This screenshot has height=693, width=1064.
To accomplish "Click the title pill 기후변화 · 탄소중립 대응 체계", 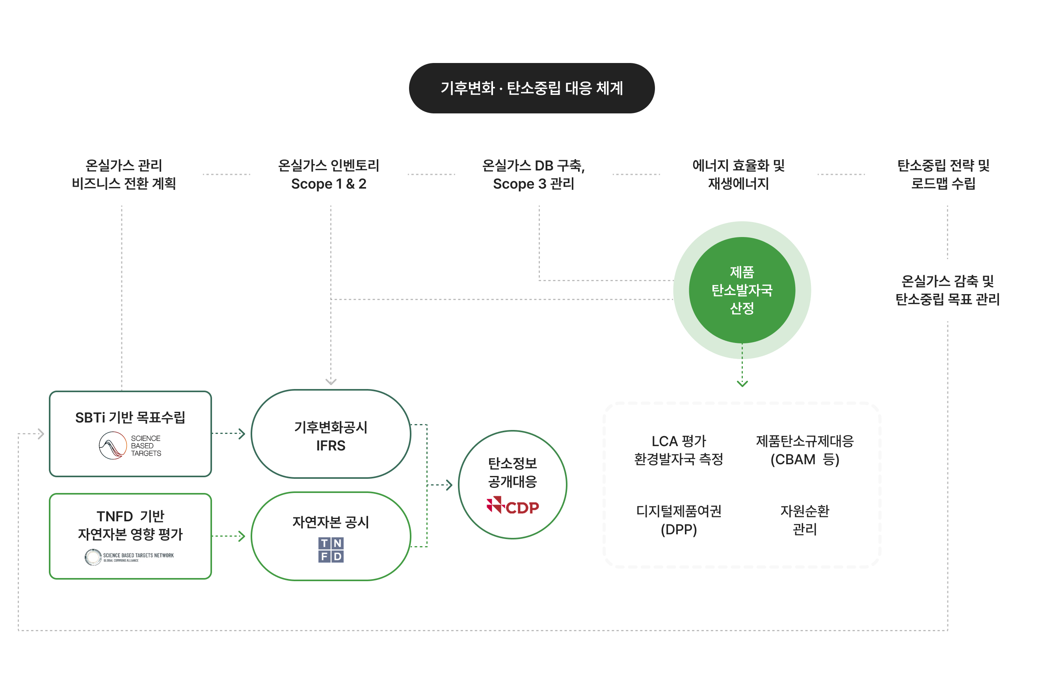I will coord(532,88).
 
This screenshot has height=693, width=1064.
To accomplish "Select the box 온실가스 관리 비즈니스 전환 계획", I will coord(124,174).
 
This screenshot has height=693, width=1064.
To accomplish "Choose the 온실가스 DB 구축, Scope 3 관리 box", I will coord(533,174).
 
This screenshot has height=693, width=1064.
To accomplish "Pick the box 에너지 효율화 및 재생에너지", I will coord(738,174).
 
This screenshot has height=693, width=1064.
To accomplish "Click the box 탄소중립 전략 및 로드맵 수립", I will coord(943,174).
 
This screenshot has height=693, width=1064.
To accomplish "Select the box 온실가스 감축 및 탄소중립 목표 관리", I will coord(947,290).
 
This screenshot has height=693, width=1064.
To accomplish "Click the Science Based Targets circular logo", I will coord(113,445).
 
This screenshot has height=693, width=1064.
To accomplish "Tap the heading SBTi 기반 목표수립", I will coord(130,417).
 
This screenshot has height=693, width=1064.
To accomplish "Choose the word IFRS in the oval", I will coord(331,445).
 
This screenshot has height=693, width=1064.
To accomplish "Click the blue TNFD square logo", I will coord(331,550).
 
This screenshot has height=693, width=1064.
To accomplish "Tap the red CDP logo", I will coord(513,506).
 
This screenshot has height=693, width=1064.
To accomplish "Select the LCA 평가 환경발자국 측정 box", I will coord(679,450).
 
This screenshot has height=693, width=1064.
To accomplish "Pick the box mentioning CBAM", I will coord(805,450).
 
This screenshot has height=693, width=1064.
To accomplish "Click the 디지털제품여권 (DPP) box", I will coord(679,520).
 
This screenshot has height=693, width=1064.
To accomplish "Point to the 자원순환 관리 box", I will coord(805,520).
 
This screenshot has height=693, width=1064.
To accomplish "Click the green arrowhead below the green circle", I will coord(742,384).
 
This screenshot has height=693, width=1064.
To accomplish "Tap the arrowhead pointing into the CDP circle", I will coord(449,485).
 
